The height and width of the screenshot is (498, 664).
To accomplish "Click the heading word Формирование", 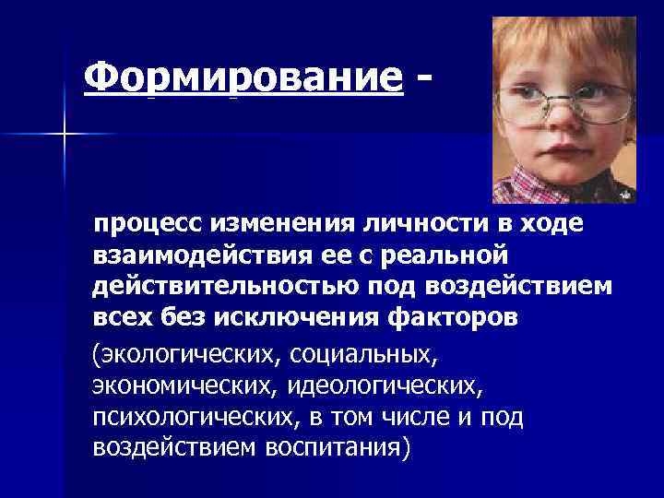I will pyautogui.click(x=243, y=79).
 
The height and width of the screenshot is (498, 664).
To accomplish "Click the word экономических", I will pyautogui.click(x=187, y=384).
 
